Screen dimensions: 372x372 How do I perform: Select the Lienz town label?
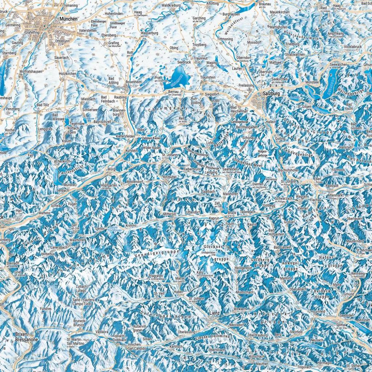coord(215,312)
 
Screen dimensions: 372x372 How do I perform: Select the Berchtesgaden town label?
coord(247,128)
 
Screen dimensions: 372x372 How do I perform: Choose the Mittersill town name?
coord(169,214)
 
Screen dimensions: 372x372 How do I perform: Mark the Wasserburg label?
coord(149,33)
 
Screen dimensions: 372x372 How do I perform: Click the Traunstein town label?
coord(208,77)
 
